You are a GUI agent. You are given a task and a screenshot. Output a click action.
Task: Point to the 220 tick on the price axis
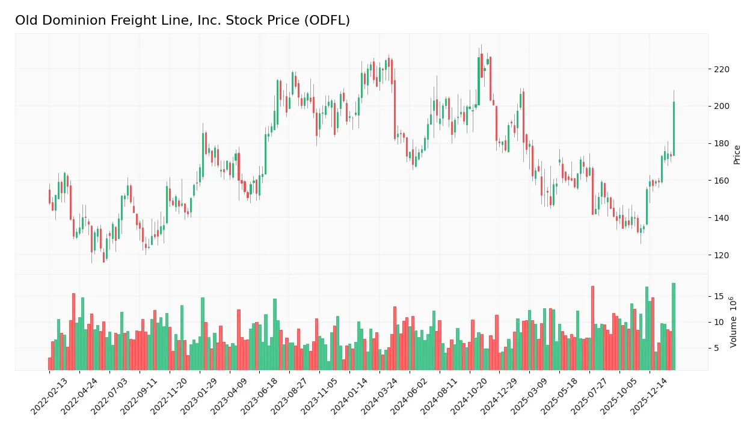pos(721,69)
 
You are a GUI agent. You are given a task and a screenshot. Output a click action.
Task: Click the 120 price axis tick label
pos(721,255)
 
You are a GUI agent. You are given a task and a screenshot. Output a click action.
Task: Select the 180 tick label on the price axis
pos(721,144)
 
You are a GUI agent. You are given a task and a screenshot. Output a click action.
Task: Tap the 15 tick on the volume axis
pos(719,296)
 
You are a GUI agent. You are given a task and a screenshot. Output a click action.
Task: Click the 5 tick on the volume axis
pos(716,348)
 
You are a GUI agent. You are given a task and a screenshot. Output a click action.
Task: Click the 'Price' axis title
pos(737,155)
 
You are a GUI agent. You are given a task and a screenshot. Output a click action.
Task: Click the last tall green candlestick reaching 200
pos(674,129)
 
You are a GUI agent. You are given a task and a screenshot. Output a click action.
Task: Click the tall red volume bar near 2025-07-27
pos(592,328)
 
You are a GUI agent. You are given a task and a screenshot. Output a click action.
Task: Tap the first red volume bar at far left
pos(50,364)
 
